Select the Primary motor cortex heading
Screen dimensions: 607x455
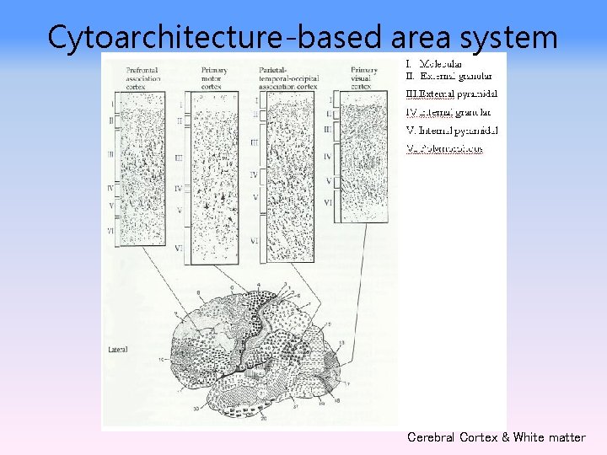tap(216, 76)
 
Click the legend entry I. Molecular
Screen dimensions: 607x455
tap(433, 64)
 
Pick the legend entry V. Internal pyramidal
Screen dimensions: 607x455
tap(452, 130)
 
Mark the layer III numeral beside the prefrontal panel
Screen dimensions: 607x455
tap(110, 154)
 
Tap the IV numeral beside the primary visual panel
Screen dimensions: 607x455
tap(328, 156)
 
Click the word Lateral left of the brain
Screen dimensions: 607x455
tap(118, 347)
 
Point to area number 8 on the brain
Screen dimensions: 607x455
tap(199, 292)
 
